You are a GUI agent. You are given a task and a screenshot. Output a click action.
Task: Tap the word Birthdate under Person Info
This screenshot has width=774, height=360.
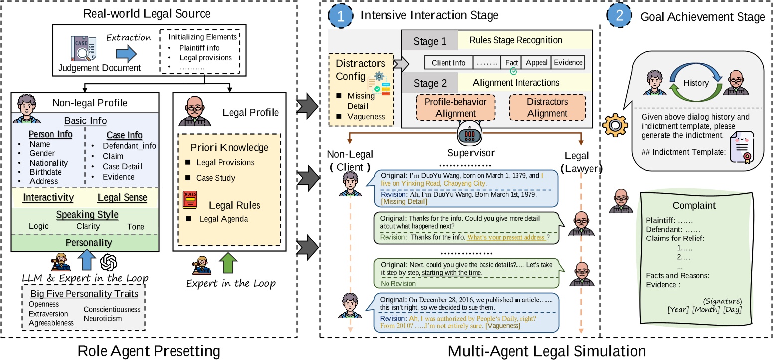click(44, 172)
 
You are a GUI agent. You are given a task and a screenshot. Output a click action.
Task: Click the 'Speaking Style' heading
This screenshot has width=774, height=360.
click(87, 214)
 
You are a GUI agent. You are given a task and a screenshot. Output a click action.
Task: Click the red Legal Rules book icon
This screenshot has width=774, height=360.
click(190, 199)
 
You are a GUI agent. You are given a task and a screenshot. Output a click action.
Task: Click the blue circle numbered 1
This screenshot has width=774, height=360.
click(340, 15)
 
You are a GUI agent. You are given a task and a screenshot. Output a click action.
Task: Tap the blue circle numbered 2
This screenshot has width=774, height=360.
click(619, 15)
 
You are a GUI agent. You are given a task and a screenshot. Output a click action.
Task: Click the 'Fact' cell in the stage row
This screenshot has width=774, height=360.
click(511, 63)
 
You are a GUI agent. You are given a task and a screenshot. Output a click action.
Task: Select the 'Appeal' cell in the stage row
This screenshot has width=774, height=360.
click(536, 63)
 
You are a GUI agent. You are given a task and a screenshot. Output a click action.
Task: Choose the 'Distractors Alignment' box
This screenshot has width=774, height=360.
click(547, 107)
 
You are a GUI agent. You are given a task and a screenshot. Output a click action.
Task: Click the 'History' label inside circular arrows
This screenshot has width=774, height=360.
click(695, 83)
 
